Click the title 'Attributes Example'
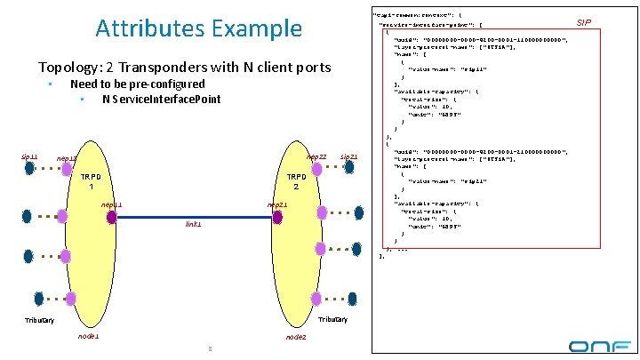[x=198, y=28]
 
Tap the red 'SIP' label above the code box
[x=584, y=20]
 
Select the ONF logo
[x=599, y=345]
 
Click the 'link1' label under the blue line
[x=193, y=225]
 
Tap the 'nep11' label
[x=111, y=204]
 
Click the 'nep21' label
[x=277, y=204]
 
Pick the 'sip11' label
[x=29, y=156]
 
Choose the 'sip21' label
[x=349, y=157]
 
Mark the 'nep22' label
[x=316, y=157]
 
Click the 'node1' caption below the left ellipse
[x=88, y=337]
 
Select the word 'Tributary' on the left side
[x=39, y=320]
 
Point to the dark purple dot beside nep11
[x=112, y=216]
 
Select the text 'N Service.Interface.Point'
[x=161, y=99]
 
